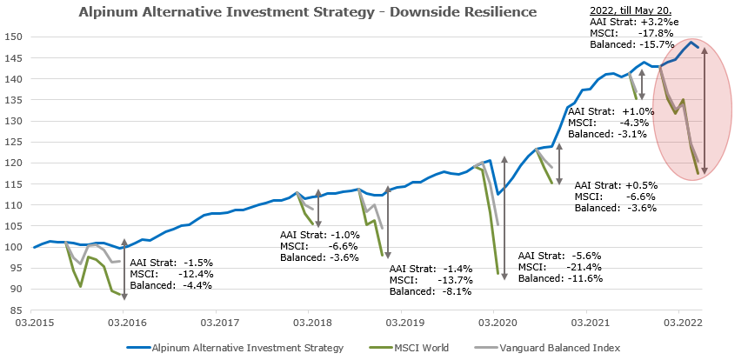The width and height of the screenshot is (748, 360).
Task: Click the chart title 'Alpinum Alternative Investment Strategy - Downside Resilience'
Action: pos(307,12)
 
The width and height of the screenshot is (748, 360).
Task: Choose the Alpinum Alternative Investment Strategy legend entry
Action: pos(235,348)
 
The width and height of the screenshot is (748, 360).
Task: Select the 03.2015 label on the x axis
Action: pos(33,323)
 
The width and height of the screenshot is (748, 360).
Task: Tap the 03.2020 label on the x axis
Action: pos(494,323)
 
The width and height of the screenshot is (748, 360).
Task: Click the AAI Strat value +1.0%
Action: pos(641,112)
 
